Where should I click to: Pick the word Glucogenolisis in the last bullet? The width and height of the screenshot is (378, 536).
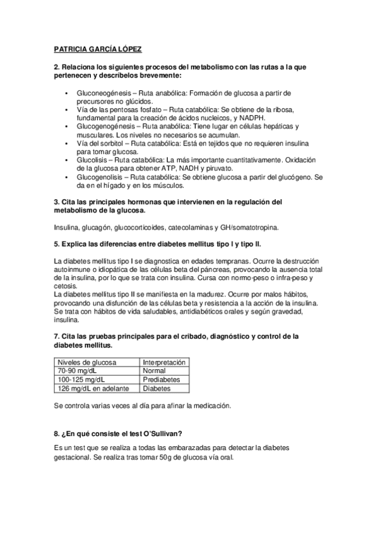(x=100, y=178)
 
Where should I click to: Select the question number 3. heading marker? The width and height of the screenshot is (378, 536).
(x=57, y=202)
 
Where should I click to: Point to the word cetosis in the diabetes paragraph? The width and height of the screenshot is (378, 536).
(x=65, y=286)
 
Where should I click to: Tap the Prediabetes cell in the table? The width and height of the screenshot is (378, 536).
(x=162, y=380)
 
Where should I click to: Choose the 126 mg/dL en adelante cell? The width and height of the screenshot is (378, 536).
(x=93, y=389)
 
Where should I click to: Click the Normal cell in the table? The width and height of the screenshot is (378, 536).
(x=154, y=371)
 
